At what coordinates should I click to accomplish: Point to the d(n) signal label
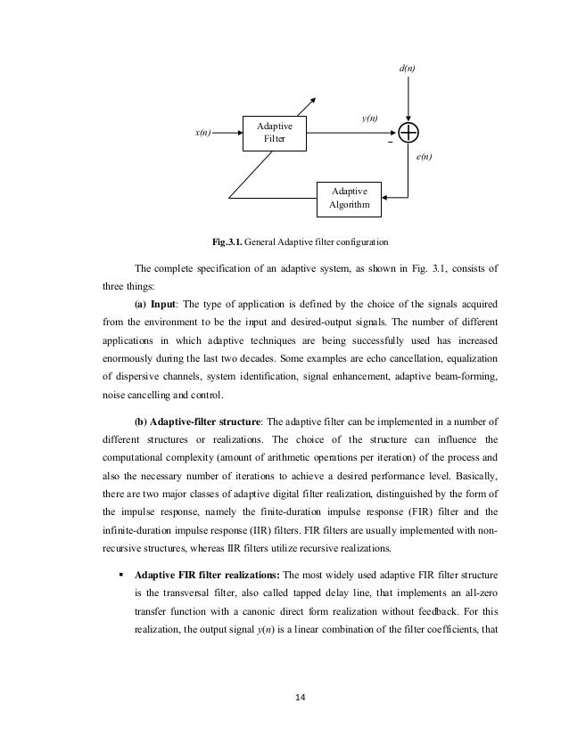(408, 69)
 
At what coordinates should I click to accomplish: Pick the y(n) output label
(368, 118)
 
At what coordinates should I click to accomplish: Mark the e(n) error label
(425, 156)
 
